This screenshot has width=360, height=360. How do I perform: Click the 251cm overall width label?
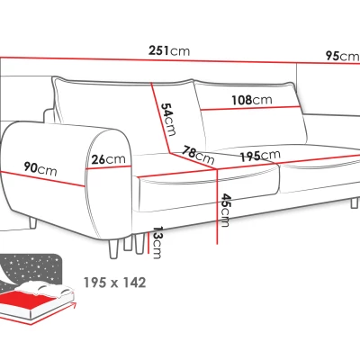tap(169, 50)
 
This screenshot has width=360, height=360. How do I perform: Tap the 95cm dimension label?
tap(343, 56)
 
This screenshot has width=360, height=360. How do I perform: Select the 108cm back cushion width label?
tap(252, 100)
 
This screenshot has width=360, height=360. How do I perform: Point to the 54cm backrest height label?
tap(168, 120)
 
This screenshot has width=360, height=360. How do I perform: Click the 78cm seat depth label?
tap(199, 155)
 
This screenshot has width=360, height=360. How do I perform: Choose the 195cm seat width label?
tap(260, 156)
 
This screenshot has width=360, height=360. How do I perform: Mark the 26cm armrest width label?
tap(108, 159)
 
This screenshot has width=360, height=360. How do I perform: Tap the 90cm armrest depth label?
tap(40, 168)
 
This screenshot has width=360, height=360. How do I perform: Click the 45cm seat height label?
tap(225, 211)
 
